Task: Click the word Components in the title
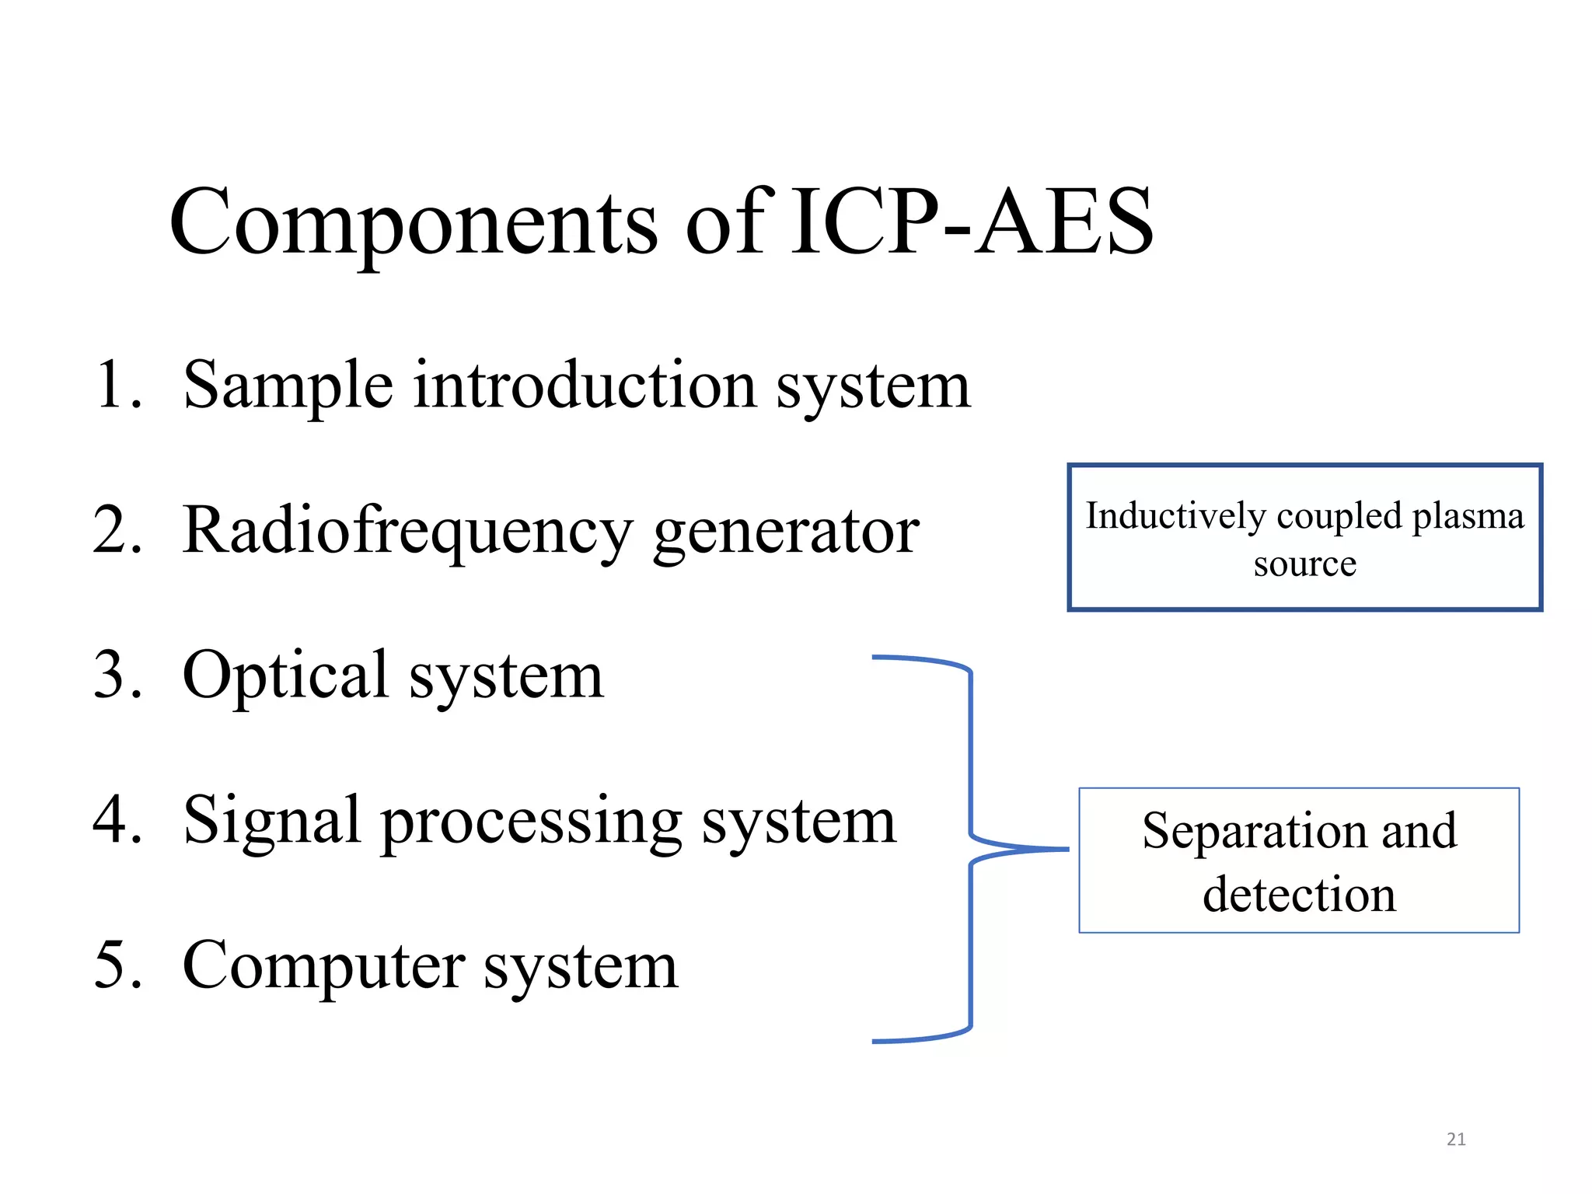tap(412, 224)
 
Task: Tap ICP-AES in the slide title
tap(972, 222)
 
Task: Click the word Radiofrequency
tap(407, 531)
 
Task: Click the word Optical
tap(285, 675)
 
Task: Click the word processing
tap(530, 822)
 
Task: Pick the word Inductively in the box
tap(1175, 516)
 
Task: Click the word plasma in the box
tap(1468, 516)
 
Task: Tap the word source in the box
tap(1304, 564)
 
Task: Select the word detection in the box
tap(1299, 895)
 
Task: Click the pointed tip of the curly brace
tap(1067, 850)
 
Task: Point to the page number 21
tap(1456, 1140)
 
